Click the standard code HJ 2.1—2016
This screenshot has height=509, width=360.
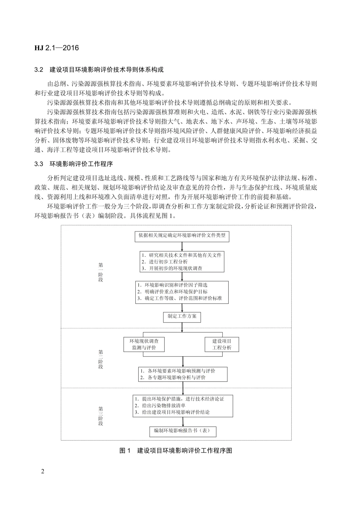point(57,48)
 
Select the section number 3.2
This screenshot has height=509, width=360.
point(39,70)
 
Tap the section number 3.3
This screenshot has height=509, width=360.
point(39,164)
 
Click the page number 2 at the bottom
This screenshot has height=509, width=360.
point(42,471)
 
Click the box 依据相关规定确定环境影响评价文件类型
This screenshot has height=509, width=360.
point(182,236)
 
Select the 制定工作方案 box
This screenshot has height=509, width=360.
point(182,316)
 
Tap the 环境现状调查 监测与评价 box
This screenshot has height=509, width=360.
point(144,344)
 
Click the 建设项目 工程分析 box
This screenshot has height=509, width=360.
point(222,344)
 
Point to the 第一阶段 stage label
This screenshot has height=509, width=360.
point(101,272)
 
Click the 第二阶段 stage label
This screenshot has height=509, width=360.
point(101,359)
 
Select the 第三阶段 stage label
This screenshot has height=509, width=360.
point(101,416)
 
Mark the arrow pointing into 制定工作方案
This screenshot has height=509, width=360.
point(182,307)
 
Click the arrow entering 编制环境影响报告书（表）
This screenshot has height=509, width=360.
point(183,422)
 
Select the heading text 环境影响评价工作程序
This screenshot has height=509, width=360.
point(81,164)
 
